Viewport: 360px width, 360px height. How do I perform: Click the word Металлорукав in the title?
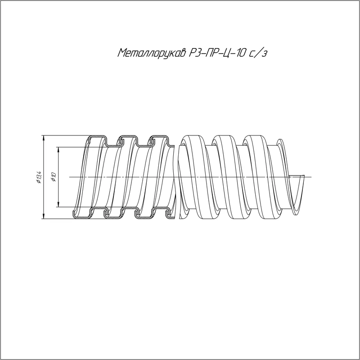[x=152, y=53]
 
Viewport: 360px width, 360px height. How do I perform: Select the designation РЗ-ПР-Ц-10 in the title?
[x=216, y=53]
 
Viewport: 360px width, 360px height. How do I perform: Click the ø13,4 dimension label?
[x=39, y=177]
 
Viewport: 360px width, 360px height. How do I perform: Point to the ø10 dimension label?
[x=54, y=177]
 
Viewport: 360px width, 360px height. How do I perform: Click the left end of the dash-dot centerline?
[x=69, y=177]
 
